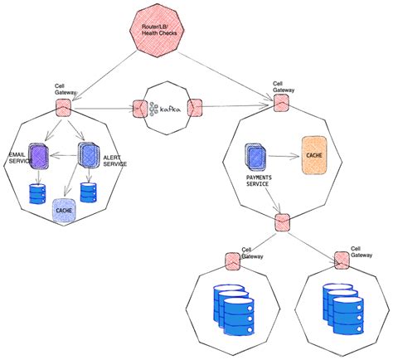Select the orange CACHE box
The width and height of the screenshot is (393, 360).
click(316, 154)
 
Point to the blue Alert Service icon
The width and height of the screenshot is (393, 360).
click(88, 155)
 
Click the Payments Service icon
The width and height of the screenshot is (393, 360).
click(255, 156)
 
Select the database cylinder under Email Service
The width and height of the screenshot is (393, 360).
click(37, 194)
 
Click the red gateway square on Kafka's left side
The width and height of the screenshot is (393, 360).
click(138, 109)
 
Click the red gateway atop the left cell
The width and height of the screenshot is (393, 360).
click(62, 107)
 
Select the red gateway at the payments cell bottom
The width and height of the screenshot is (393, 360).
click(282, 221)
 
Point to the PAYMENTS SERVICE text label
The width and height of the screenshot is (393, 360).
click(266, 182)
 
